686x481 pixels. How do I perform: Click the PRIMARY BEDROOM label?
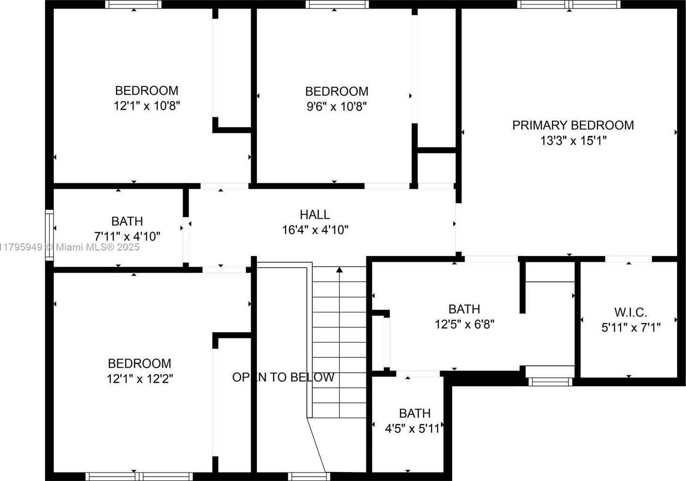(573, 125)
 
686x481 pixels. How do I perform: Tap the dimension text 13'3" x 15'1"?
(573, 140)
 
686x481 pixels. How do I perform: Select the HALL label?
(314, 215)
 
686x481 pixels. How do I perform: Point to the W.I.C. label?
(630, 312)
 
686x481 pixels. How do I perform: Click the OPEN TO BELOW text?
(283, 377)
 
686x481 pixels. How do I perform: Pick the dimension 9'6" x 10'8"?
(337, 106)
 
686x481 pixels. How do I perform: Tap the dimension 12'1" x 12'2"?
(140, 378)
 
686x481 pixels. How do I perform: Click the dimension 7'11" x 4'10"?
(127, 236)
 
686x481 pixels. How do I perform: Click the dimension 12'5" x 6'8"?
(464, 324)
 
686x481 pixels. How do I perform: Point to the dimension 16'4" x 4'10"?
(315, 230)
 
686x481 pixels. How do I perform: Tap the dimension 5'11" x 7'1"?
(631, 327)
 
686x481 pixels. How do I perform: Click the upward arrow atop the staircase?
(339, 270)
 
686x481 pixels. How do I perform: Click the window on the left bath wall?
(49, 235)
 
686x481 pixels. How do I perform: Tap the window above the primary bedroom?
(569, 5)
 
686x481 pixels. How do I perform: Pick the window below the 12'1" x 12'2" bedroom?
(139, 476)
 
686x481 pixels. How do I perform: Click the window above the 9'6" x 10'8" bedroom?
(337, 5)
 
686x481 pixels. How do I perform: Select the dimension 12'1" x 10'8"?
(147, 105)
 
